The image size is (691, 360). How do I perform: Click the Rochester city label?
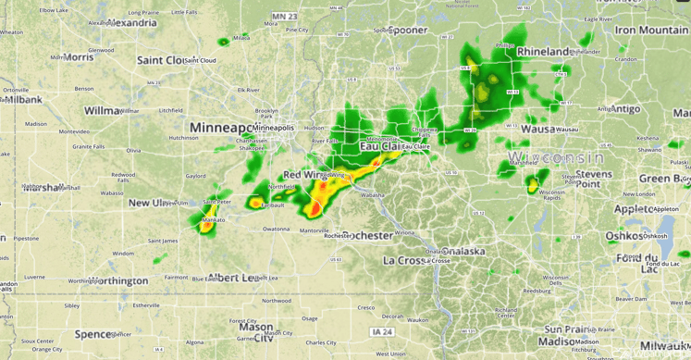tap(367, 236)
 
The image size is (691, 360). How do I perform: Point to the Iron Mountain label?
tap(651, 30)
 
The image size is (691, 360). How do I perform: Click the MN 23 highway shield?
tap(284, 17)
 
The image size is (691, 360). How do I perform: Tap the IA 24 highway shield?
tap(382, 331)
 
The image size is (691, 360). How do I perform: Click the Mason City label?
tap(256, 331)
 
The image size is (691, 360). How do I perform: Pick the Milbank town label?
tap(21, 99)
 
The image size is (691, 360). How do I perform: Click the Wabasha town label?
tap(372, 195)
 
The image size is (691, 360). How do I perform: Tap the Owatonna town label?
tap(276, 229)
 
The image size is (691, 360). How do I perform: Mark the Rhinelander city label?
tap(544, 52)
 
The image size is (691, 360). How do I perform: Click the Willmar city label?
tap(103, 110)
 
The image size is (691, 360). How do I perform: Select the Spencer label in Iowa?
tap(93, 334)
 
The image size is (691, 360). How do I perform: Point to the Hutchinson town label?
tap(184, 138)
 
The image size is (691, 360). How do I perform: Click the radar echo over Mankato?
tap(206, 219)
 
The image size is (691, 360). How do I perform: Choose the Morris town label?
tap(79, 57)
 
